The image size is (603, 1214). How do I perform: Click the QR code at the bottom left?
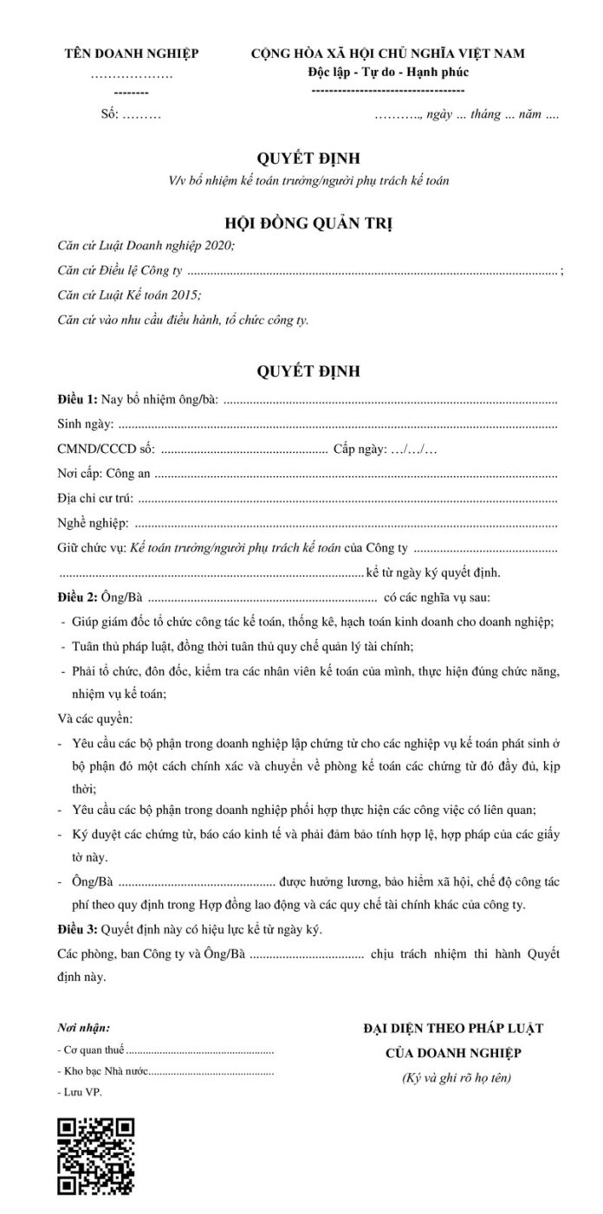coord(95,1156)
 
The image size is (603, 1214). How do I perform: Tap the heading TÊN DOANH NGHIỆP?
coord(132,55)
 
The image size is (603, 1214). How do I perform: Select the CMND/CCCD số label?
coord(105,449)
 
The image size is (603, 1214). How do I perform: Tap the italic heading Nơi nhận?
coord(83,1028)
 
